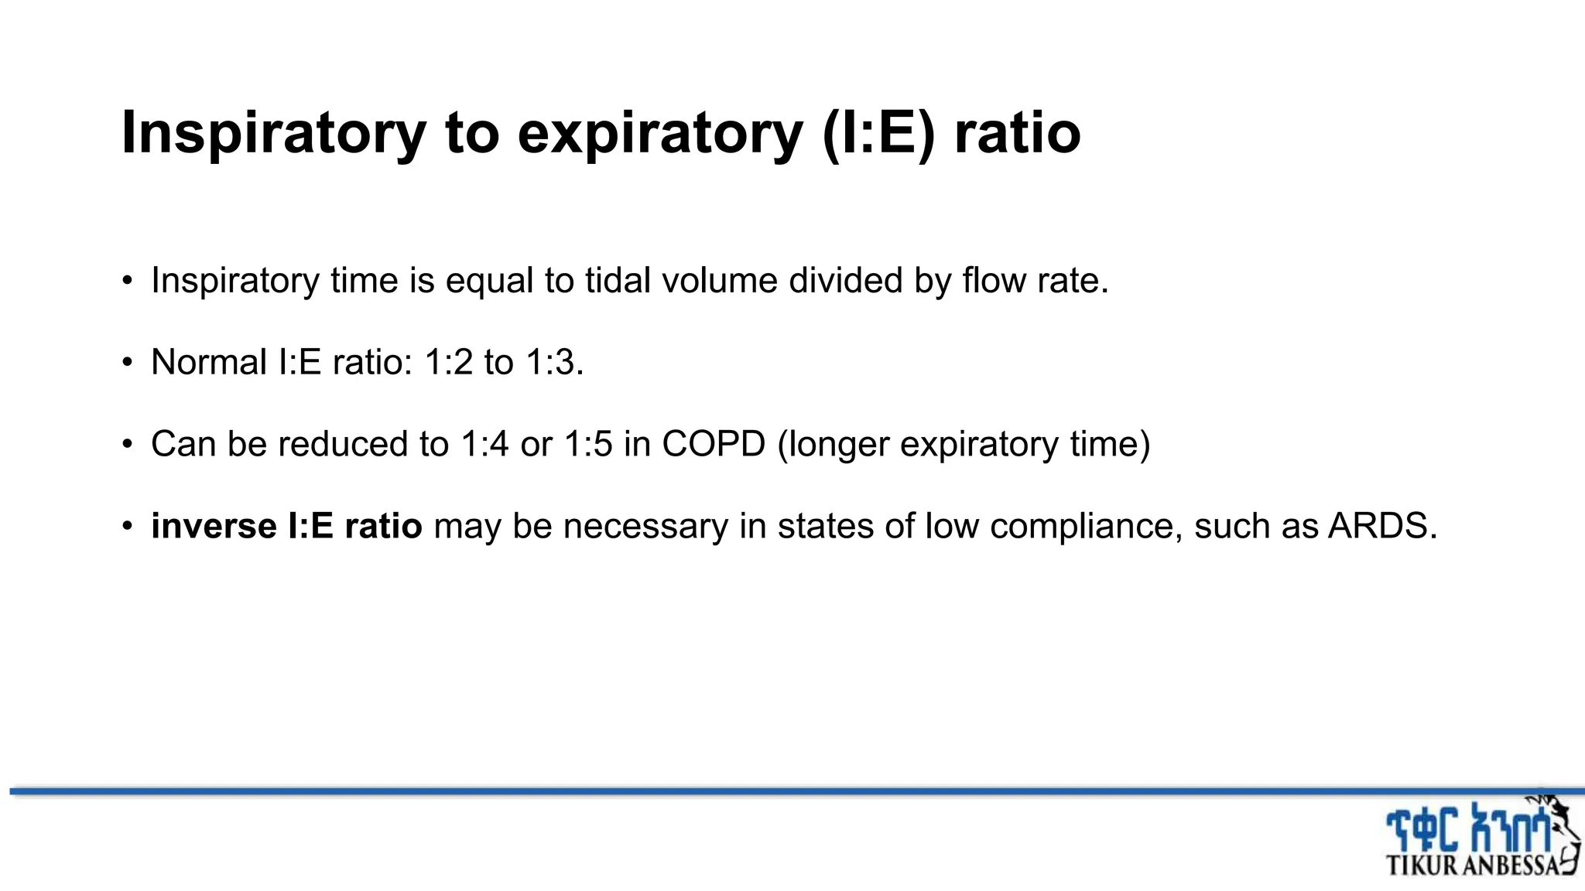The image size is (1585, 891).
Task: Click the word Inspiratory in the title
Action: [273, 133]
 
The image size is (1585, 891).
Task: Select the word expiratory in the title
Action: [660, 133]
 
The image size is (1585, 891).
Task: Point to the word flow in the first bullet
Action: [988, 280]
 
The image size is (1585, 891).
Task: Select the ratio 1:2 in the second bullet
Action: [448, 362]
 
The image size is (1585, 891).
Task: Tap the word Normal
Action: [209, 362]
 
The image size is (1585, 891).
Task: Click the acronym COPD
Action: [713, 444]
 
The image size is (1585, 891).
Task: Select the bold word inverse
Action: [213, 526]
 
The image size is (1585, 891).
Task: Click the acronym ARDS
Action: [1382, 526]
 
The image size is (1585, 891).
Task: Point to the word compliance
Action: [1086, 526]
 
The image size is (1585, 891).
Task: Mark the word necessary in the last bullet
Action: [645, 526]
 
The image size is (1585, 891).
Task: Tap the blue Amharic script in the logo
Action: [1467, 829]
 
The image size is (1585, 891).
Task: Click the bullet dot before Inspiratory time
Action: [128, 281]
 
